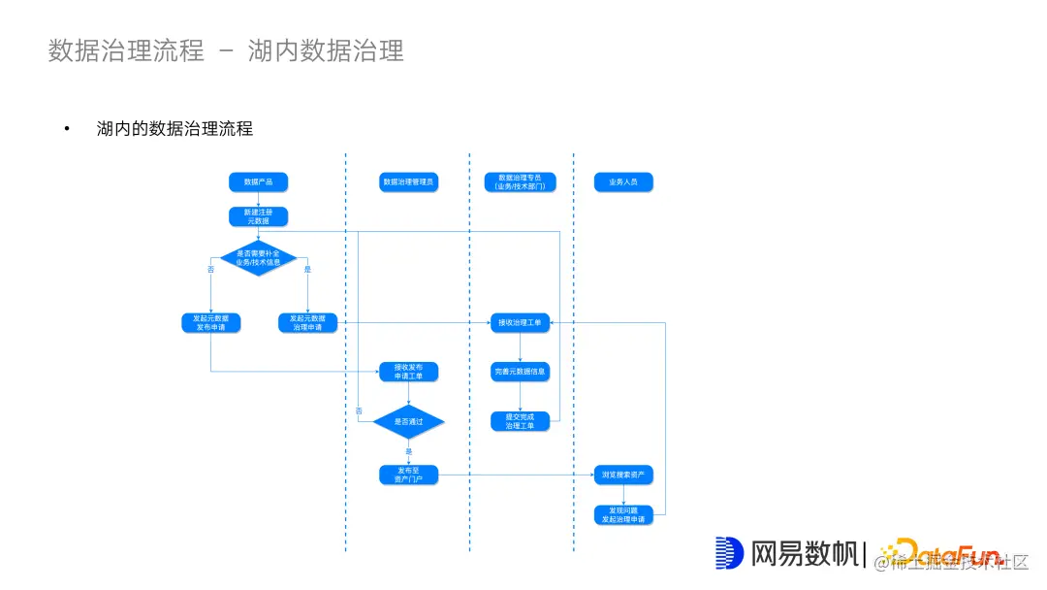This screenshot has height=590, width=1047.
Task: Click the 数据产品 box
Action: (x=258, y=181)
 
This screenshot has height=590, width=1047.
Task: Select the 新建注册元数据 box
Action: (x=258, y=216)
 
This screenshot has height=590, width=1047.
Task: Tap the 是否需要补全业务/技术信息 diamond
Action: (x=258, y=258)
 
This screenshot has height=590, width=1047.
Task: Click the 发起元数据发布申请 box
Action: (x=210, y=322)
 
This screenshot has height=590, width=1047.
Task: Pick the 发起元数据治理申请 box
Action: (x=307, y=322)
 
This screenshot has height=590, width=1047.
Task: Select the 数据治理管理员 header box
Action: (x=408, y=181)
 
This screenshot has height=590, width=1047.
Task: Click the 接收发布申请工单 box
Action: (x=408, y=372)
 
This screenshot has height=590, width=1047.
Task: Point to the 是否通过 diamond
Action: (x=408, y=422)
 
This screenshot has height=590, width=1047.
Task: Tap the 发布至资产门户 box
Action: (x=408, y=475)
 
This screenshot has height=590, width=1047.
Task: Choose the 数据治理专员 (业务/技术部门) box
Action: (x=521, y=181)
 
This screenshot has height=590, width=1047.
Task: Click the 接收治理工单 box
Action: (x=521, y=322)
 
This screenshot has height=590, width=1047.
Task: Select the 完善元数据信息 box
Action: (x=521, y=372)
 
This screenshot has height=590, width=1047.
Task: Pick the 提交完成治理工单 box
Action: (x=521, y=421)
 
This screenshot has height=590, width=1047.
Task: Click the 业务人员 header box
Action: (x=623, y=181)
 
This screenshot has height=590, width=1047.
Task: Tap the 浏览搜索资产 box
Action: (x=623, y=475)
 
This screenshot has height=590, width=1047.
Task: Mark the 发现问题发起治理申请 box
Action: (x=623, y=514)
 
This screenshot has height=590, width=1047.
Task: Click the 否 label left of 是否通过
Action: (x=359, y=411)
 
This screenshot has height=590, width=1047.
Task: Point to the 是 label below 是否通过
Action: (x=408, y=451)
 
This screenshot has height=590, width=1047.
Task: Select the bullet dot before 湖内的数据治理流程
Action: (x=68, y=129)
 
